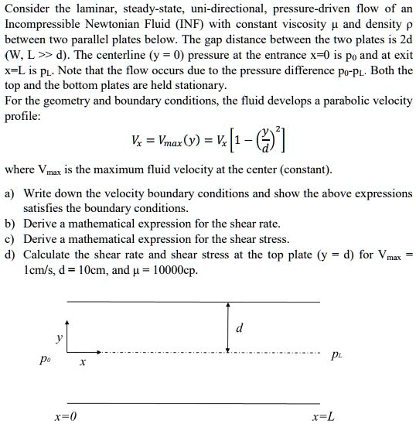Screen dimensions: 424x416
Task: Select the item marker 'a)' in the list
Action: (x=10, y=193)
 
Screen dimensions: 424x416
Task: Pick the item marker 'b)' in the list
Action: (x=10, y=224)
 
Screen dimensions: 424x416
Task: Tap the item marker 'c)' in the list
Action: (x=10, y=239)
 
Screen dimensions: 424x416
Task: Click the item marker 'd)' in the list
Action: (x=10, y=255)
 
